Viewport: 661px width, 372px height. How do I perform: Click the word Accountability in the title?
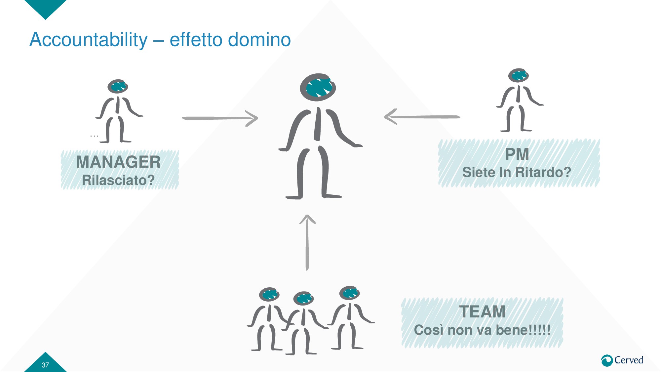(89, 40)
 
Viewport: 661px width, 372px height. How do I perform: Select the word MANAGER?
(118, 162)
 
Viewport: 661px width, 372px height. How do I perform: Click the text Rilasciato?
(118, 180)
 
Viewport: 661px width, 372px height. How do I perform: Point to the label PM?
(517, 154)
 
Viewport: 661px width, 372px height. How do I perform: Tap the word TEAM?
(482, 311)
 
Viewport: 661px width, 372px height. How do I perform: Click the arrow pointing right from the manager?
(220, 118)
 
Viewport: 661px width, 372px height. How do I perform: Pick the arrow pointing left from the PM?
(422, 117)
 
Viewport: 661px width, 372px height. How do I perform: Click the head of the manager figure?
(118, 86)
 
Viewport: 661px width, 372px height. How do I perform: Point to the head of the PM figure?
(518, 75)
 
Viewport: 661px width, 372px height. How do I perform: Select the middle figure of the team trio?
(303, 322)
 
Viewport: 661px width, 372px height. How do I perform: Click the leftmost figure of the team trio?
(268, 319)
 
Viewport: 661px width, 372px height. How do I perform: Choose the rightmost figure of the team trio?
(350, 317)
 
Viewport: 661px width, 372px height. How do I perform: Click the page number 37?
(45, 365)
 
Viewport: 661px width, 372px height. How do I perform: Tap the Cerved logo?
(622, 360)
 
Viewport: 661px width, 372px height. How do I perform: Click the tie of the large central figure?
(318, 124)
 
